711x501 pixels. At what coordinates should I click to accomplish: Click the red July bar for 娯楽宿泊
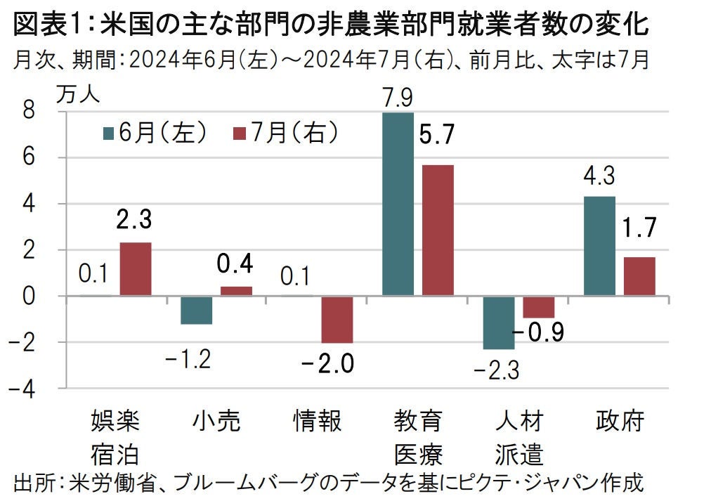(135, 269)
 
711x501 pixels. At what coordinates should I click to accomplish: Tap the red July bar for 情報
(337, 319)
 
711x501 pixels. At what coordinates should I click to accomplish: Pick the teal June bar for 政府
(599, 246)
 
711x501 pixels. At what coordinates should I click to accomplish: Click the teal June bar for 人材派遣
(498, 323)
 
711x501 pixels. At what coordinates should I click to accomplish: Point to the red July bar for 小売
(236, 291)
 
